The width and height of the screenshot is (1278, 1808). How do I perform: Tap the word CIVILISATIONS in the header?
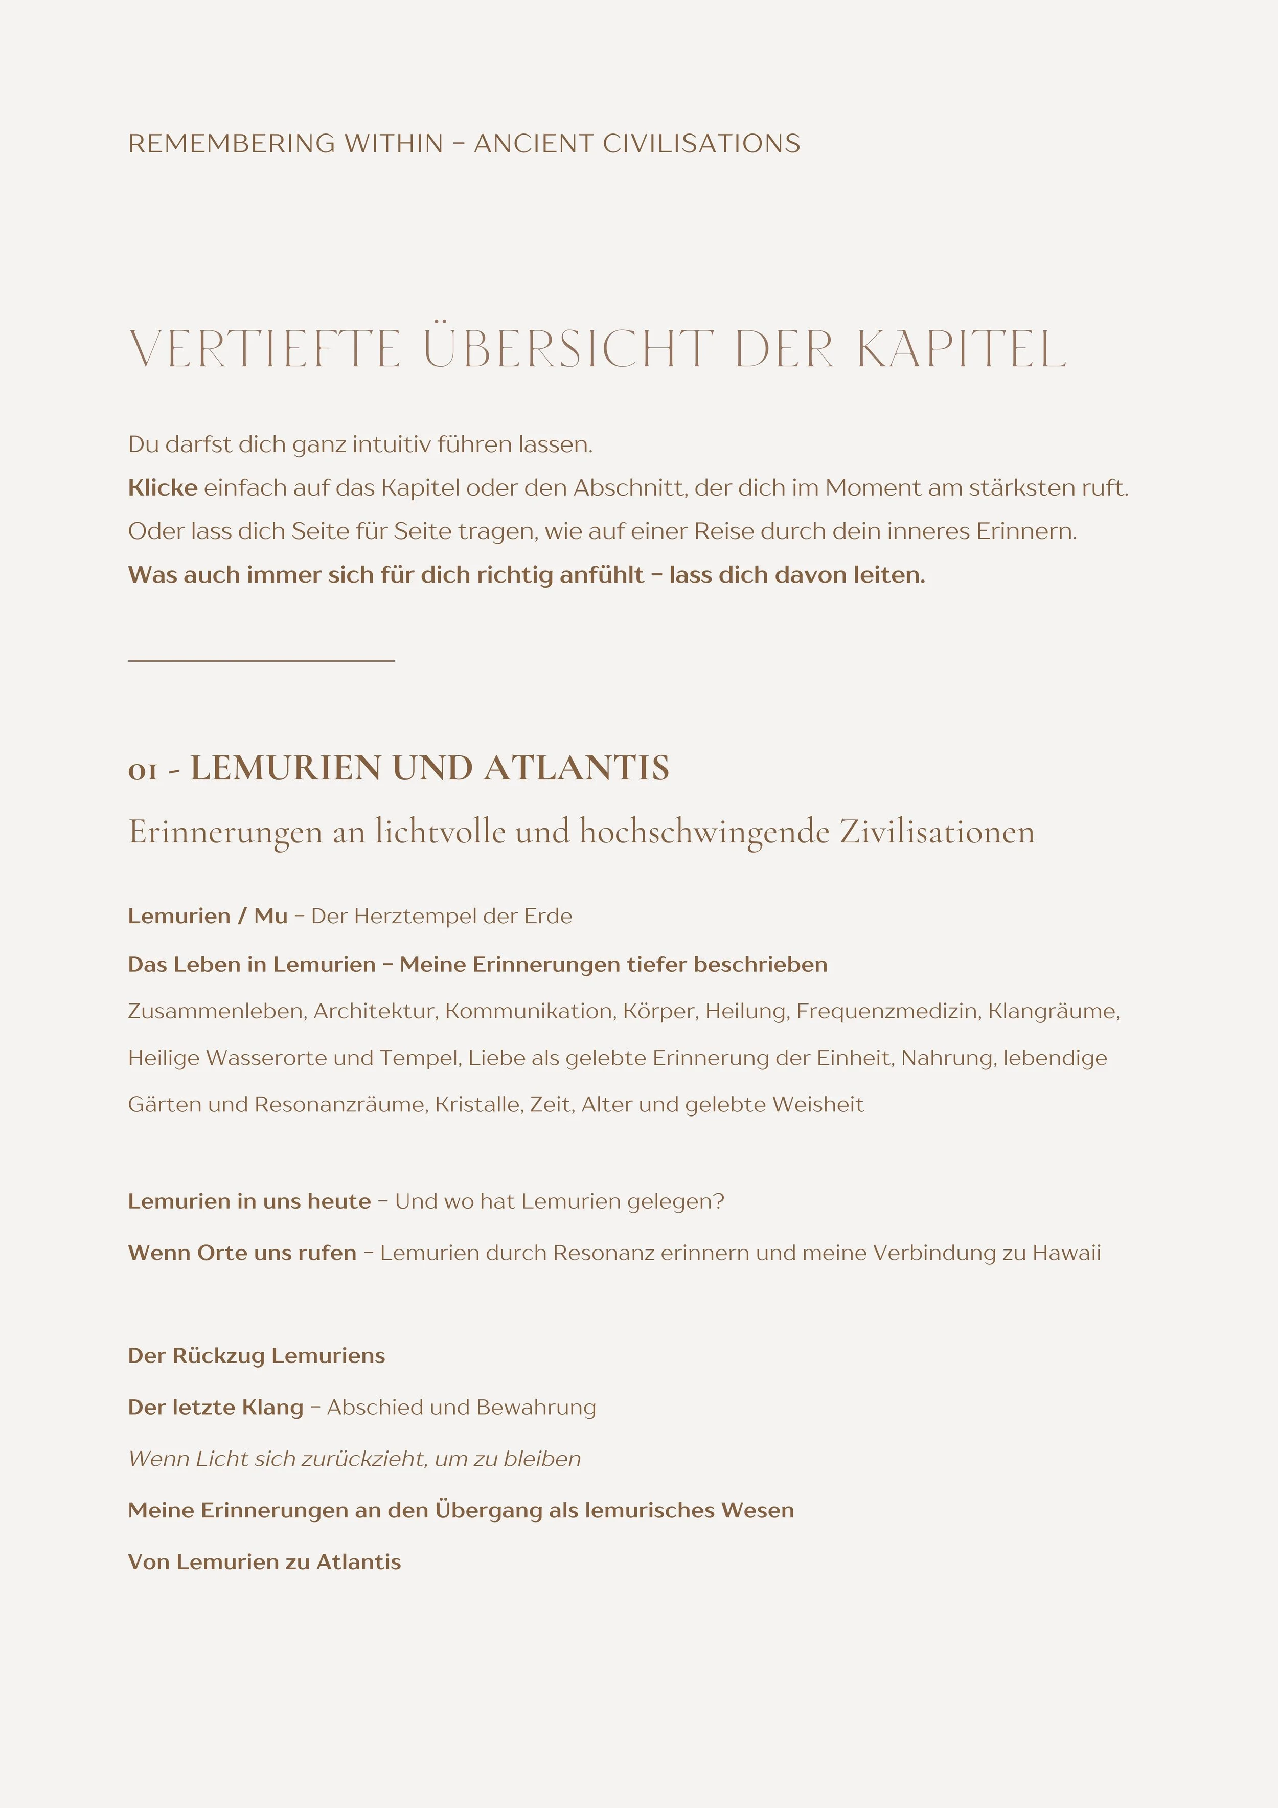pyautogui.click(x=701, y=144)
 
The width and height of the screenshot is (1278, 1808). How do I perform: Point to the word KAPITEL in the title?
pyautogui.click(x=962, y=350)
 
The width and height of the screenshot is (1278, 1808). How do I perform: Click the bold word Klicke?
pyautogui.click(x=162, y=488)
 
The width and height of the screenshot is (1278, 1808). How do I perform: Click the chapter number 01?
pyautogui.click(x=143, y=771)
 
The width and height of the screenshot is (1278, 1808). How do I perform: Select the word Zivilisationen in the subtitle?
pyautogui.click(x=937, y=832)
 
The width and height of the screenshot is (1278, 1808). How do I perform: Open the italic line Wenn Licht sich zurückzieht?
pyautogui.click(x=354, y=1459)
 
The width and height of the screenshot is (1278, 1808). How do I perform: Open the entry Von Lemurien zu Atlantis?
pyautogui.click(x=264, y=1563)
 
